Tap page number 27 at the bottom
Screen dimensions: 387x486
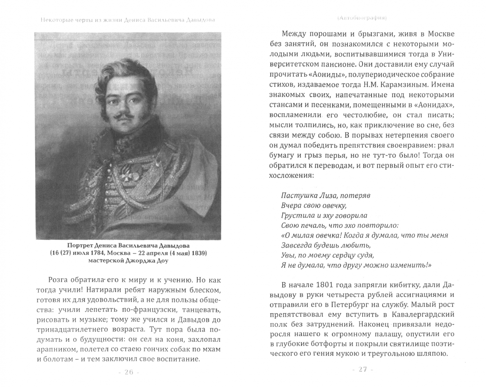pyautogui.click(x=363, y=369)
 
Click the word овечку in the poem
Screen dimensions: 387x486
pyautogui.click(x=332, y=206)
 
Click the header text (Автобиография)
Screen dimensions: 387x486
pyautogui.click(x=360, y=18)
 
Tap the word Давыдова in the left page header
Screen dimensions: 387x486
pyautogui.click(x=200, y=20)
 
